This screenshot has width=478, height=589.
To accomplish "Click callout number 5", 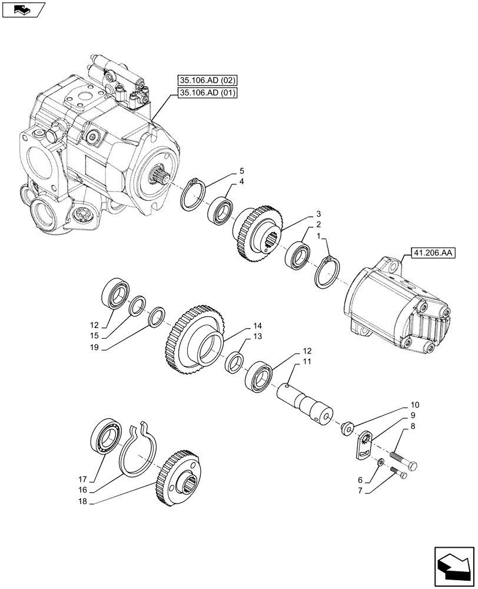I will pos(241,171).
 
